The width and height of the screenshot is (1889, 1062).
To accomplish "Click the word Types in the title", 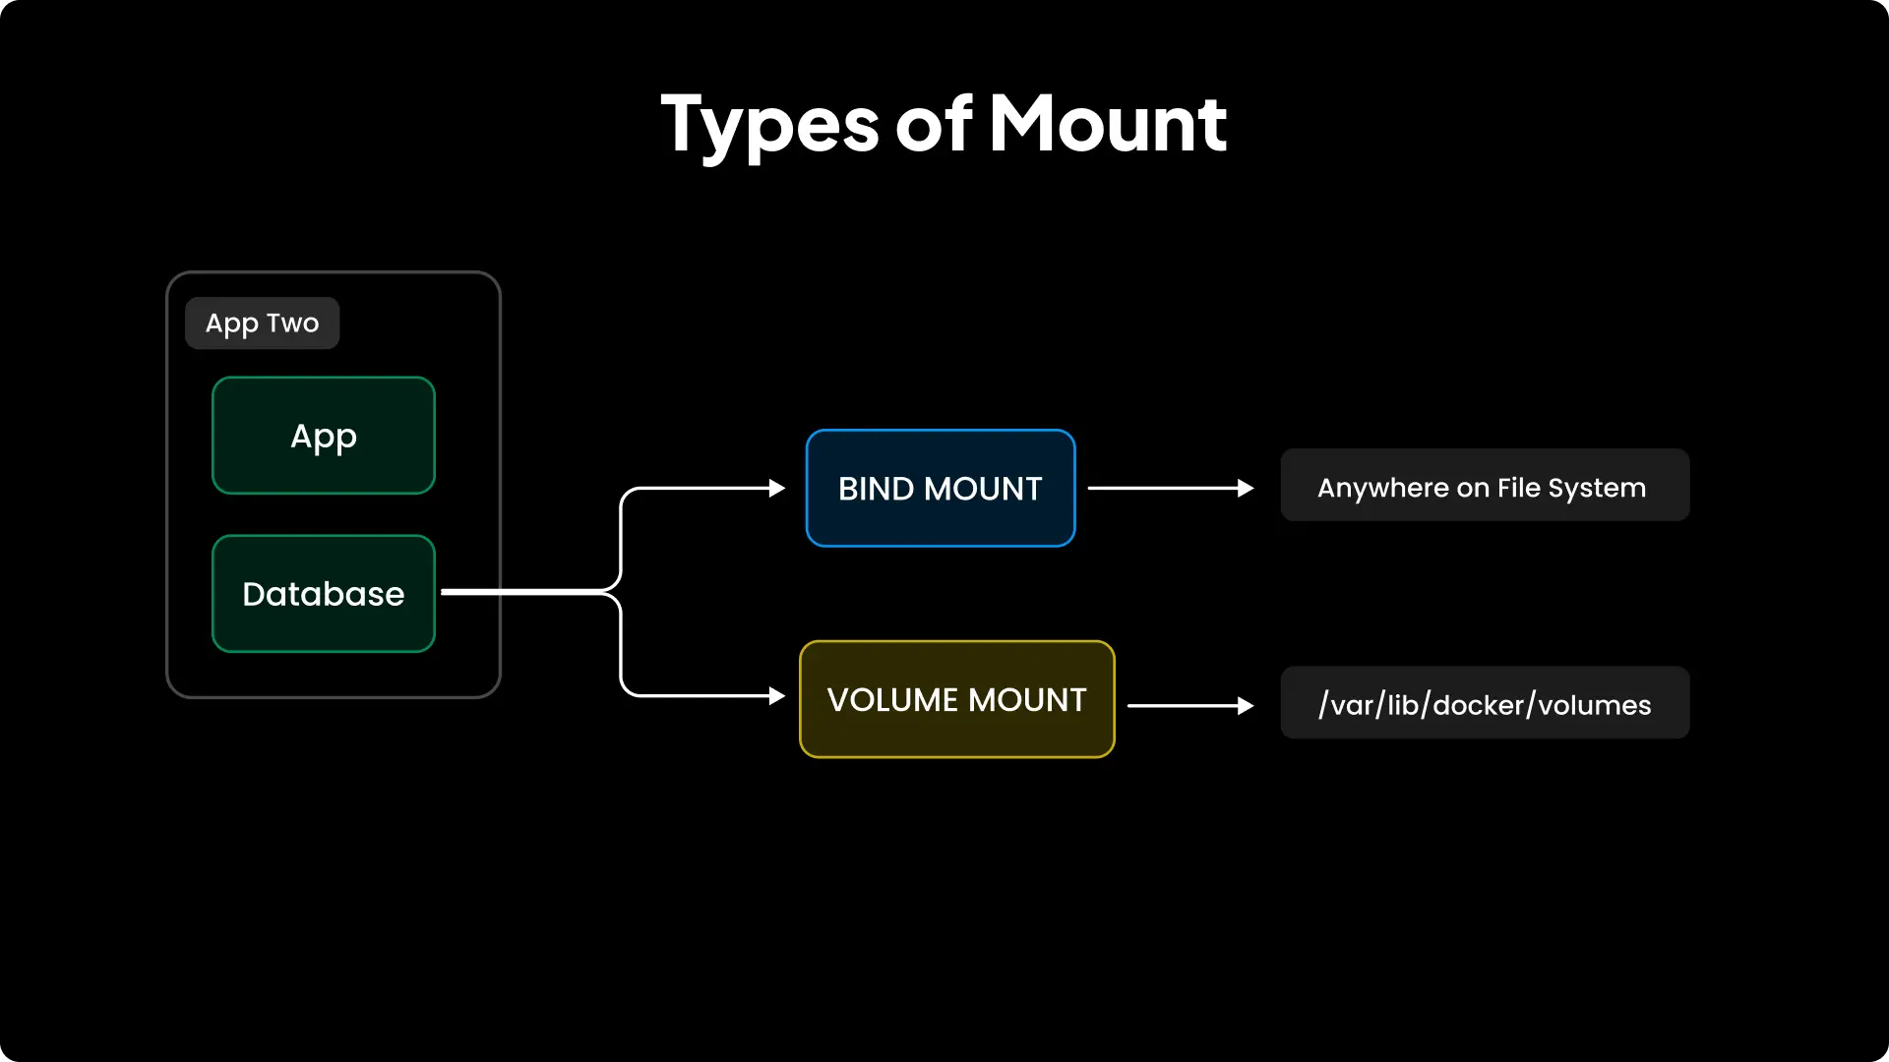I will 768,125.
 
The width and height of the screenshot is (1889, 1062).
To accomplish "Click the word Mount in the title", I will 1108,125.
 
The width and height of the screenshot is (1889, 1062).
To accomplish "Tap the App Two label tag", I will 262,324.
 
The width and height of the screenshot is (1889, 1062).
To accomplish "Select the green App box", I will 324,436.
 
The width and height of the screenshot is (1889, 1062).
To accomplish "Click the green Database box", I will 324,594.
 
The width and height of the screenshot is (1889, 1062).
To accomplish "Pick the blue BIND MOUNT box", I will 941,489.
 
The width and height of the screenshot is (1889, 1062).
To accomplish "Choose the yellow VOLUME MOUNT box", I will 956,700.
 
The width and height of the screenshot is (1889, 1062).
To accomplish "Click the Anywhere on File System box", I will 1485,486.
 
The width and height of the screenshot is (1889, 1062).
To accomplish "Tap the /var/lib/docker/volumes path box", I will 1485,704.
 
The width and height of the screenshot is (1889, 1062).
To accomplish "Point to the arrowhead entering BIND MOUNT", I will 777,488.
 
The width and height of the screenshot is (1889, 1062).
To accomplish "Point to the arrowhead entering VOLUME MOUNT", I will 777,696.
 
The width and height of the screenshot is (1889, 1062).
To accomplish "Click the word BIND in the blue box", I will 876,489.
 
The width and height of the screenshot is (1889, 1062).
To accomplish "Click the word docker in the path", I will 1478,705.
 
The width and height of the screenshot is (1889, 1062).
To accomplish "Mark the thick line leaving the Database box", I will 521,592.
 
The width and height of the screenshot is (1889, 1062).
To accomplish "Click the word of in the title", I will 934,125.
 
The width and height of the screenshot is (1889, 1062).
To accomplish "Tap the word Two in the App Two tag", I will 292,323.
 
